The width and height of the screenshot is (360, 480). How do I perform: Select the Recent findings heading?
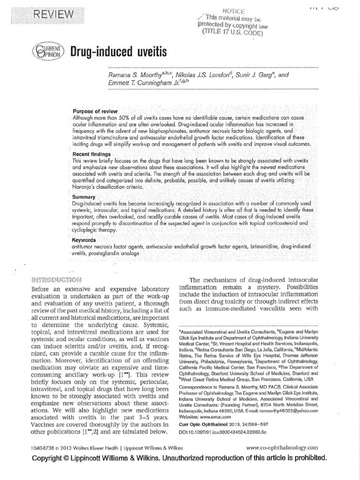[x=91, y=154]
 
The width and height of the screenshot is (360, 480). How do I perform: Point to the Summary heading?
[x=84, y=197]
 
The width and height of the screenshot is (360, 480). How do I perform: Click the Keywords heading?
[x=84, y=240]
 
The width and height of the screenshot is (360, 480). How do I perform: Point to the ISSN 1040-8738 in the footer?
[x=30, y=448]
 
